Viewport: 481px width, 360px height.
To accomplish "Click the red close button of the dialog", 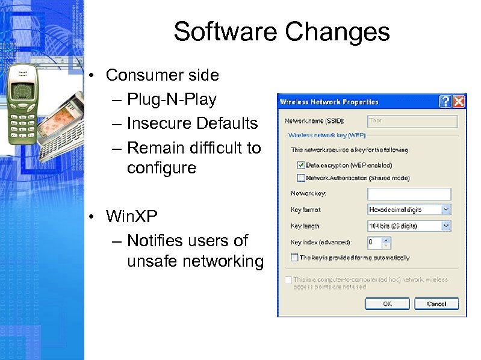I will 459,101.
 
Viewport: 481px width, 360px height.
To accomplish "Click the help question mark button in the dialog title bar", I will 446,101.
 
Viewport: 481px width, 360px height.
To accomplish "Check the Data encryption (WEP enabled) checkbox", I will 301,165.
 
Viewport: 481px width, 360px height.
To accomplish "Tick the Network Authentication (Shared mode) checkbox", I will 301,178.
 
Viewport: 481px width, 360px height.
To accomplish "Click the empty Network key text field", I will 409,194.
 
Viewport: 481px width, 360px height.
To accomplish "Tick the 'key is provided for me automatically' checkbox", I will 294,258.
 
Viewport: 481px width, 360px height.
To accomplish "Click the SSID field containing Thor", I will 412,121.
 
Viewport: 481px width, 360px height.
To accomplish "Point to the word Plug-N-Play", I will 172,99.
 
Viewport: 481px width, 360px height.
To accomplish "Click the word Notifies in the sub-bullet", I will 156,240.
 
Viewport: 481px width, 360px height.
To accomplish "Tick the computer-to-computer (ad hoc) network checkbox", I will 288,280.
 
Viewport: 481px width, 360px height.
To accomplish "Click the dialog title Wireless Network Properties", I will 329,102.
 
